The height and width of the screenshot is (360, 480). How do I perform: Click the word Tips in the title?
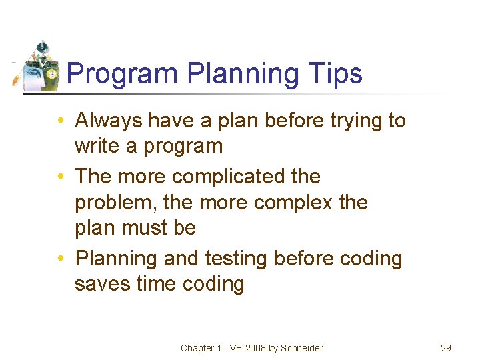click(x=337, y=73)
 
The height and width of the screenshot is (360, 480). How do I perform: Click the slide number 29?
click(x=446, y=348)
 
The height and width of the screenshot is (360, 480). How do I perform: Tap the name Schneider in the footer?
click(x=301, y=348)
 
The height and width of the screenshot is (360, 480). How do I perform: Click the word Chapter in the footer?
click(x=197, y=348)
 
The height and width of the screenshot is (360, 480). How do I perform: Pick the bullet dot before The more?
click(x=61, y=177)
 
